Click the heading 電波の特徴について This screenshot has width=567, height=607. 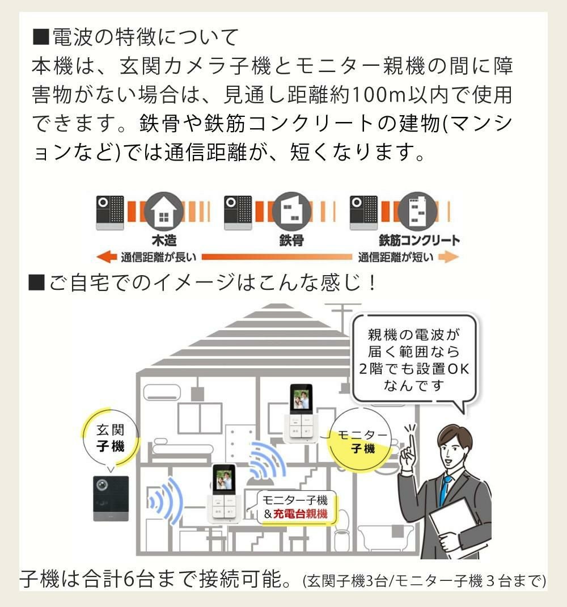pyautogui.click(x=136, y=38)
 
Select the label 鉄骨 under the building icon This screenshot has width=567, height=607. pyautogui.click(x=292, y=241)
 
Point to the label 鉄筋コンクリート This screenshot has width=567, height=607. pyautogui.click(x=420, y=241)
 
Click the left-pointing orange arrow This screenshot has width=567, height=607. pyautogui.click(x=107, y=258)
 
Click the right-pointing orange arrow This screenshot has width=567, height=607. pyautogui.click(x=448, y=258)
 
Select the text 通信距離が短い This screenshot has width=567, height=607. pyautogui.click(x=396, y=258)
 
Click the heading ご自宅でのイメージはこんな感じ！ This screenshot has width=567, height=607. pyautogui.click(x=204, y=282)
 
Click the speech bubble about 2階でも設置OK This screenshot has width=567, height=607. pyautogui.click(x=413, y=360)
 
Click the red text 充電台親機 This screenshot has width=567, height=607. pyautogui.click(x=301, y=515)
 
